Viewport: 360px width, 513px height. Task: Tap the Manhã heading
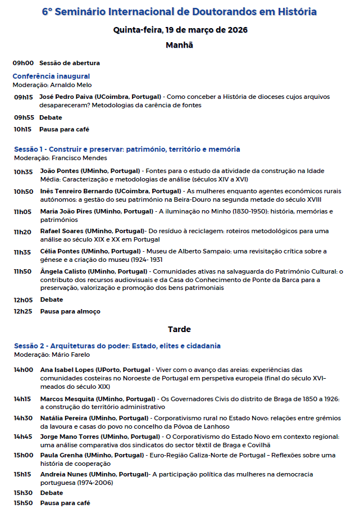tap(180, 45)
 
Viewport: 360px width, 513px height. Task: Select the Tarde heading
tap(180, 329)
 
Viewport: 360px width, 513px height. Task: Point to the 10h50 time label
tap(23, 191)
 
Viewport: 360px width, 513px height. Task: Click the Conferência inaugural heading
tap(51, 76)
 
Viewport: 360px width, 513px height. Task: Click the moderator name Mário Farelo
tap(70, 355)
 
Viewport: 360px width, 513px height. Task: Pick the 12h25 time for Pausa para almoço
tap(23, 311)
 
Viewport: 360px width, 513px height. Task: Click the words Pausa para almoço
tap(70, 311)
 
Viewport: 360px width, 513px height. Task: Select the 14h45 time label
tap(23, 436)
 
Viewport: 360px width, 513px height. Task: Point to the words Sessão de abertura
tap(70, 63)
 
